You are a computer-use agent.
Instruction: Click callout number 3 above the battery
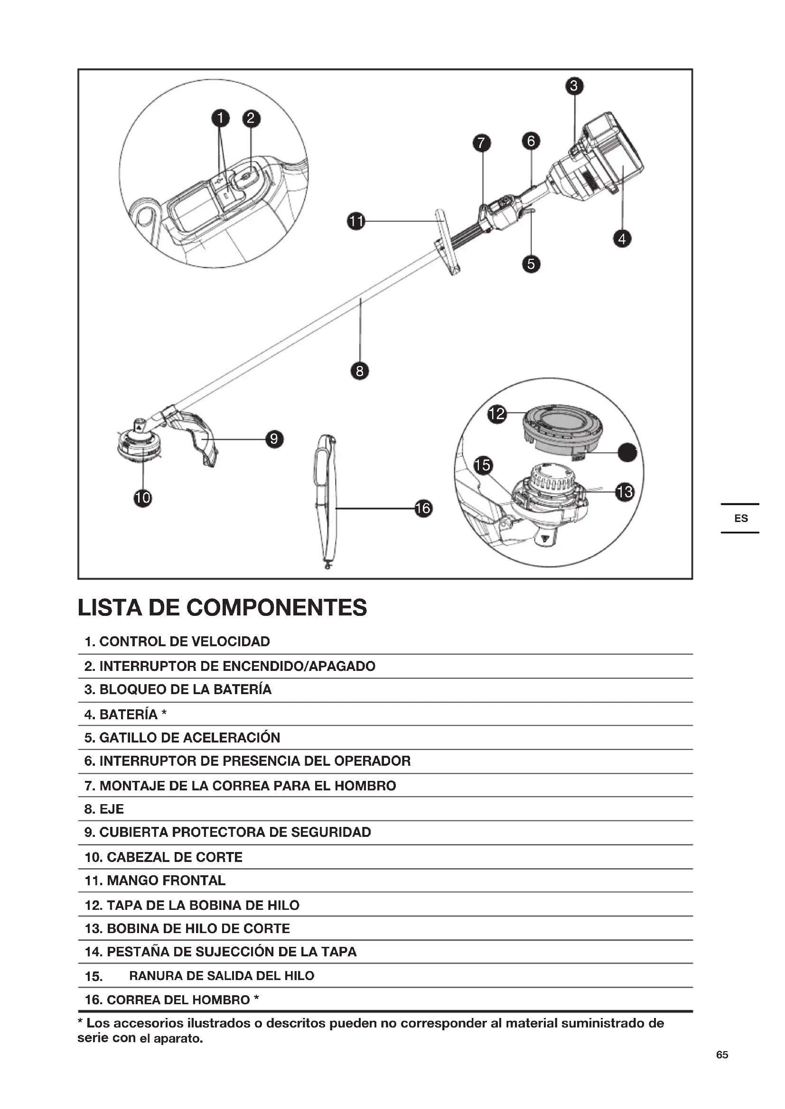coord(574,86)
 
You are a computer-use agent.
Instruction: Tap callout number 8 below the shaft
coord(359,371)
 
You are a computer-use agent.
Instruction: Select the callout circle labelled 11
coord(356,221)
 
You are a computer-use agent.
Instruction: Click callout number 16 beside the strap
coord(423,508)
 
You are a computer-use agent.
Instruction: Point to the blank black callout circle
coord(627,452)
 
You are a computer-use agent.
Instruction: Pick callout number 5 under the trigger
coord(531,264)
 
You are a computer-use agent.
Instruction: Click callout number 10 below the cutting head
coord(142,497)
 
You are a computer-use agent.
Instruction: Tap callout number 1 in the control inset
coord(220,118)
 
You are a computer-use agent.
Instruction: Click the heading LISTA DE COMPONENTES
coord(222,607)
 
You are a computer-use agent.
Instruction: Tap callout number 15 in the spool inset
coord(482,465)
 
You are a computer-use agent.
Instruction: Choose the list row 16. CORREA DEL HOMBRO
coord(172,999)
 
